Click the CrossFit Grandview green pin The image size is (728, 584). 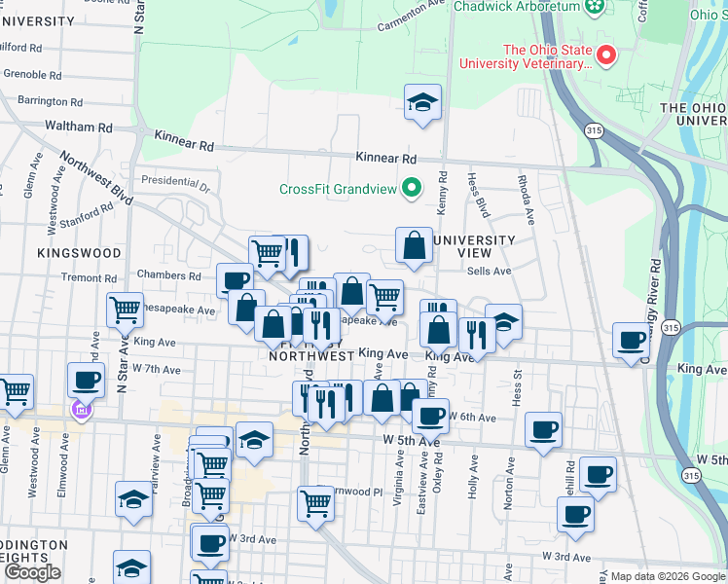click(412, 188)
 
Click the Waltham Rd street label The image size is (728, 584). click(78, 127)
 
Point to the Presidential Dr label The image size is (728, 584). click(175, 180)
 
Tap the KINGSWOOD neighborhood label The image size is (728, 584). click(79, 252)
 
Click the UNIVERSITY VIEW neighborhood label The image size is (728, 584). click(473, 246)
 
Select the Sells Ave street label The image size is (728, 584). click(489, 272)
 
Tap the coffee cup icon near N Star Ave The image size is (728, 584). click(86, 380)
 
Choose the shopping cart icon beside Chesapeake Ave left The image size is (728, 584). click(125, 310)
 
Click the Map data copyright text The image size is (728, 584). click(667, 576)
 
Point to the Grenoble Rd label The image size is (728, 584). click(34, 74)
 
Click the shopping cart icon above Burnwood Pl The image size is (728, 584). click(315, 503)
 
